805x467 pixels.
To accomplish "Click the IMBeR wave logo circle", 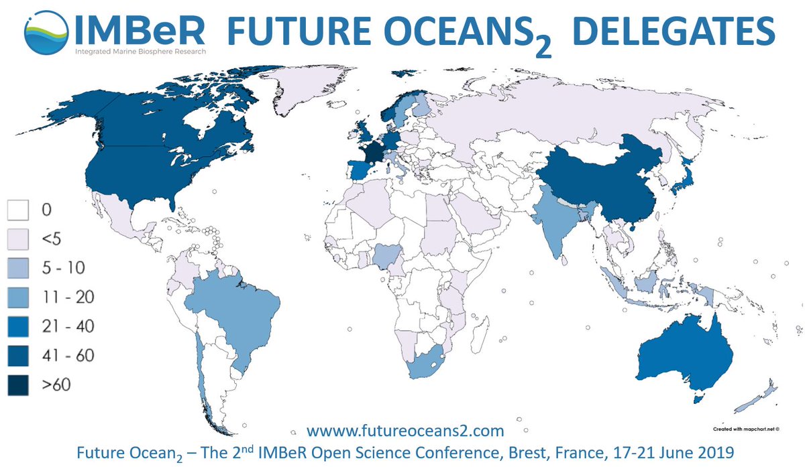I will point(46,32).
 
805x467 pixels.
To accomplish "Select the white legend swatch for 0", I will point(19,210).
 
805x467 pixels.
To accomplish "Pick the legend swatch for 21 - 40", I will point(19,326).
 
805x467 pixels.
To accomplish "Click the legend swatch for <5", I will point(19,239).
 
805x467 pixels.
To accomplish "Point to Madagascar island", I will point(478,330).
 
